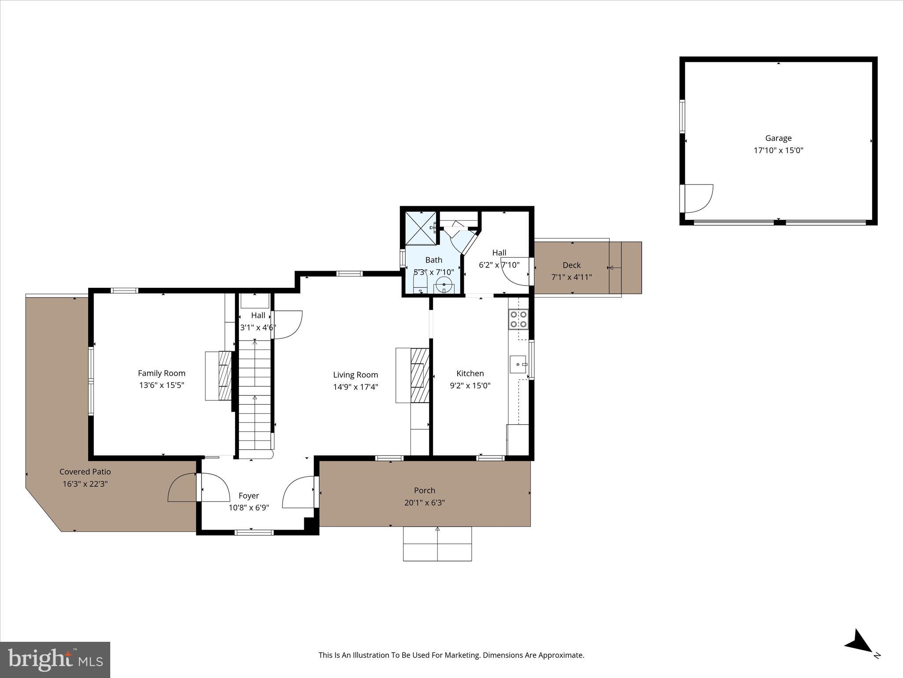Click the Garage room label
(778, 138)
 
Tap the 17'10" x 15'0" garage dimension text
(778, 151)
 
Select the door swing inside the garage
(699, 199)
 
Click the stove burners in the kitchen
(518, 320)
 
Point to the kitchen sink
(518, 365)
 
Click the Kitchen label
(470, 373)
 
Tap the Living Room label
(355, 375)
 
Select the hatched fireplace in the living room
(420, 375)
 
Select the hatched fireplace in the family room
(225, 376)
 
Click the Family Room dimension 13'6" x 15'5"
(161, 385)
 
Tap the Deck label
(571, 265)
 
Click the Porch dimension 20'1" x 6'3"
(424, 503)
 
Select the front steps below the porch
(437, 544)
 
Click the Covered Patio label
(85, 472)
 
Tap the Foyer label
(249, 496)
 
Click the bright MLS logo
(55, 660)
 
